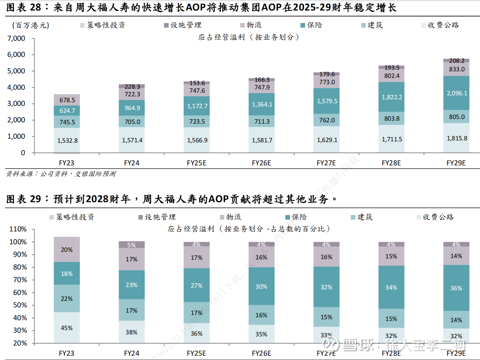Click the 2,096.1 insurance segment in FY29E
click(x=456, y=93)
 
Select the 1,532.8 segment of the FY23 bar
click(x=67, y=140)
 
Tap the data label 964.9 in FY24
click(x=132, y=108)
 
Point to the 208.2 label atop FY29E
click(x=457, y=61)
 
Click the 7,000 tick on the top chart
click(x=16, y=38)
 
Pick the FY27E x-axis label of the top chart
click(x=326, y=163)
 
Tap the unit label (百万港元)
click(x=31, y=25)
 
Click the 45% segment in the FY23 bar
click(x=67, y=328)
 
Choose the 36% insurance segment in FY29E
click(x=456, y=288)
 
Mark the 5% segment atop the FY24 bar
click(x=132, y=245)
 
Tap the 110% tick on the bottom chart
click(x=18, y=229)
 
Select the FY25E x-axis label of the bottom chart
click(x=196, y=353)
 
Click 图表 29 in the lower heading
click(x=24, y=199)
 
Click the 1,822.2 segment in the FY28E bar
click(x=392, y=97)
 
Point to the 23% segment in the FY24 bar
click(x=132, y=285)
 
